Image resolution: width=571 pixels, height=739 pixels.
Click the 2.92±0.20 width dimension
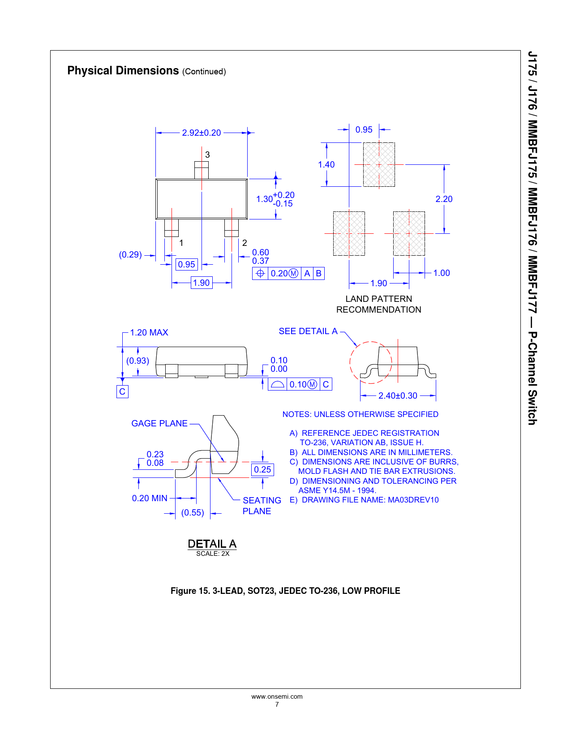tap(202, 133)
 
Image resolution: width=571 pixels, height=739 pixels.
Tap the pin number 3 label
tap(207, 155)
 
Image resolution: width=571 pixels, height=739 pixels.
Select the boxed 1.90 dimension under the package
tap(202, 283)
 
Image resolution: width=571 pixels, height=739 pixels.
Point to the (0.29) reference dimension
tap(130, 255)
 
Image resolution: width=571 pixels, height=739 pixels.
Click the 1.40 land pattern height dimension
tap(326, 165)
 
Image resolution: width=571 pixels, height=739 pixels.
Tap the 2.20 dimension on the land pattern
tap(444, 199)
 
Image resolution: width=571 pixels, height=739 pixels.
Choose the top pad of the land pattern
tap(379, 165)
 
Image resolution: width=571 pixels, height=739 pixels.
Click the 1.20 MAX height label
tap(149, 332)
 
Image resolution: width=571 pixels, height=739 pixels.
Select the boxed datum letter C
tap(122, 391)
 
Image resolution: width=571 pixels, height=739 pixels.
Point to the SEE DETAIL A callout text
tap(308, 331)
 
